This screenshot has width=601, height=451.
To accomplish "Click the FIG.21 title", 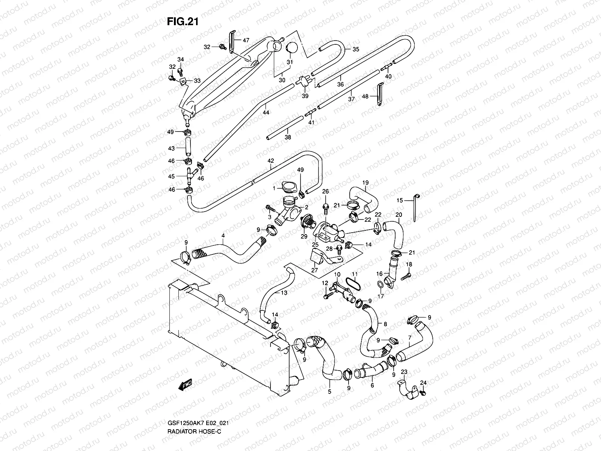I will point(182,22).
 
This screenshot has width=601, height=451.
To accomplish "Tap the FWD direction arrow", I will point(186,384).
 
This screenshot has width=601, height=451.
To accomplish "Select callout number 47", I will point(246,40).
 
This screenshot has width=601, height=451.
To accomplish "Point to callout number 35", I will point(356,49).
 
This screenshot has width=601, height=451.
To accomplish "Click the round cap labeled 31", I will point(292,49).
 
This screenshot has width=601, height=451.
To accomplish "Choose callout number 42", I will point(271,161).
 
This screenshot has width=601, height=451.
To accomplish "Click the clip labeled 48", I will point(380,95).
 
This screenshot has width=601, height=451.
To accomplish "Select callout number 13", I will point(284,292).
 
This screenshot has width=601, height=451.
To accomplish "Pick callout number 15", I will point(400,200).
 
